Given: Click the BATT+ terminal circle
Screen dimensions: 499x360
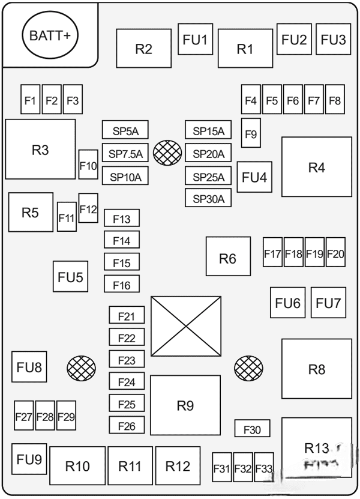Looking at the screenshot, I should [x=50, y=35].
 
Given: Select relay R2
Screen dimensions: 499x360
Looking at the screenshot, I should [x=144, y=49].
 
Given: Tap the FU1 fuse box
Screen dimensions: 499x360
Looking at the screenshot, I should [x=196, y=40].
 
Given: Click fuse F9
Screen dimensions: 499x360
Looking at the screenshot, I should [x=251, y=133].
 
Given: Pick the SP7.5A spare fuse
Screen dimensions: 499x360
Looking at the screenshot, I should [x=125, y=153].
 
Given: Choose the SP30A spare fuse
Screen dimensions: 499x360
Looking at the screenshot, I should [x=208, y=198].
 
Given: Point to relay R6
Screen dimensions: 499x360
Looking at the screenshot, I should [x=228, y=259].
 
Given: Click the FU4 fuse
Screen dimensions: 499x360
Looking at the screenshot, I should [x=254, y=177].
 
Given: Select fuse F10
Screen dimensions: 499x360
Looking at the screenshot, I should [x=88, y=165].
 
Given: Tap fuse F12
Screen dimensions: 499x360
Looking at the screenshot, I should [x=88, y=208].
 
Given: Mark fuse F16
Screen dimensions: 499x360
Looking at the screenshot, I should [x=121, y=285].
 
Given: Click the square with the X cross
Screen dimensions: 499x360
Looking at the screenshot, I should [x=185, y=326].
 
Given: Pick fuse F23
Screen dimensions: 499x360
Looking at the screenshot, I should [x=127, y=360].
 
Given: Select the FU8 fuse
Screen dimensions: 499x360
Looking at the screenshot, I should [x=29, y=366].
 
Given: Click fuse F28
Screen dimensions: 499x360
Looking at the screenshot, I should [x=45, y=416].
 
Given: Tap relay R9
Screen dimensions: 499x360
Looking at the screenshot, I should [x=185, y=405].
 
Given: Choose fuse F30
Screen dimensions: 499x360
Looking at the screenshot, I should [x=252, y=429].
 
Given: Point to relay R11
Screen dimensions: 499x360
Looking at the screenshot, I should [x=130, y=465].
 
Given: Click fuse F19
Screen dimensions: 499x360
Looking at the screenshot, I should [x=314, y=253].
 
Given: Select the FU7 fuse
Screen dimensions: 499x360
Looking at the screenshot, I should [x=328, y=303].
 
